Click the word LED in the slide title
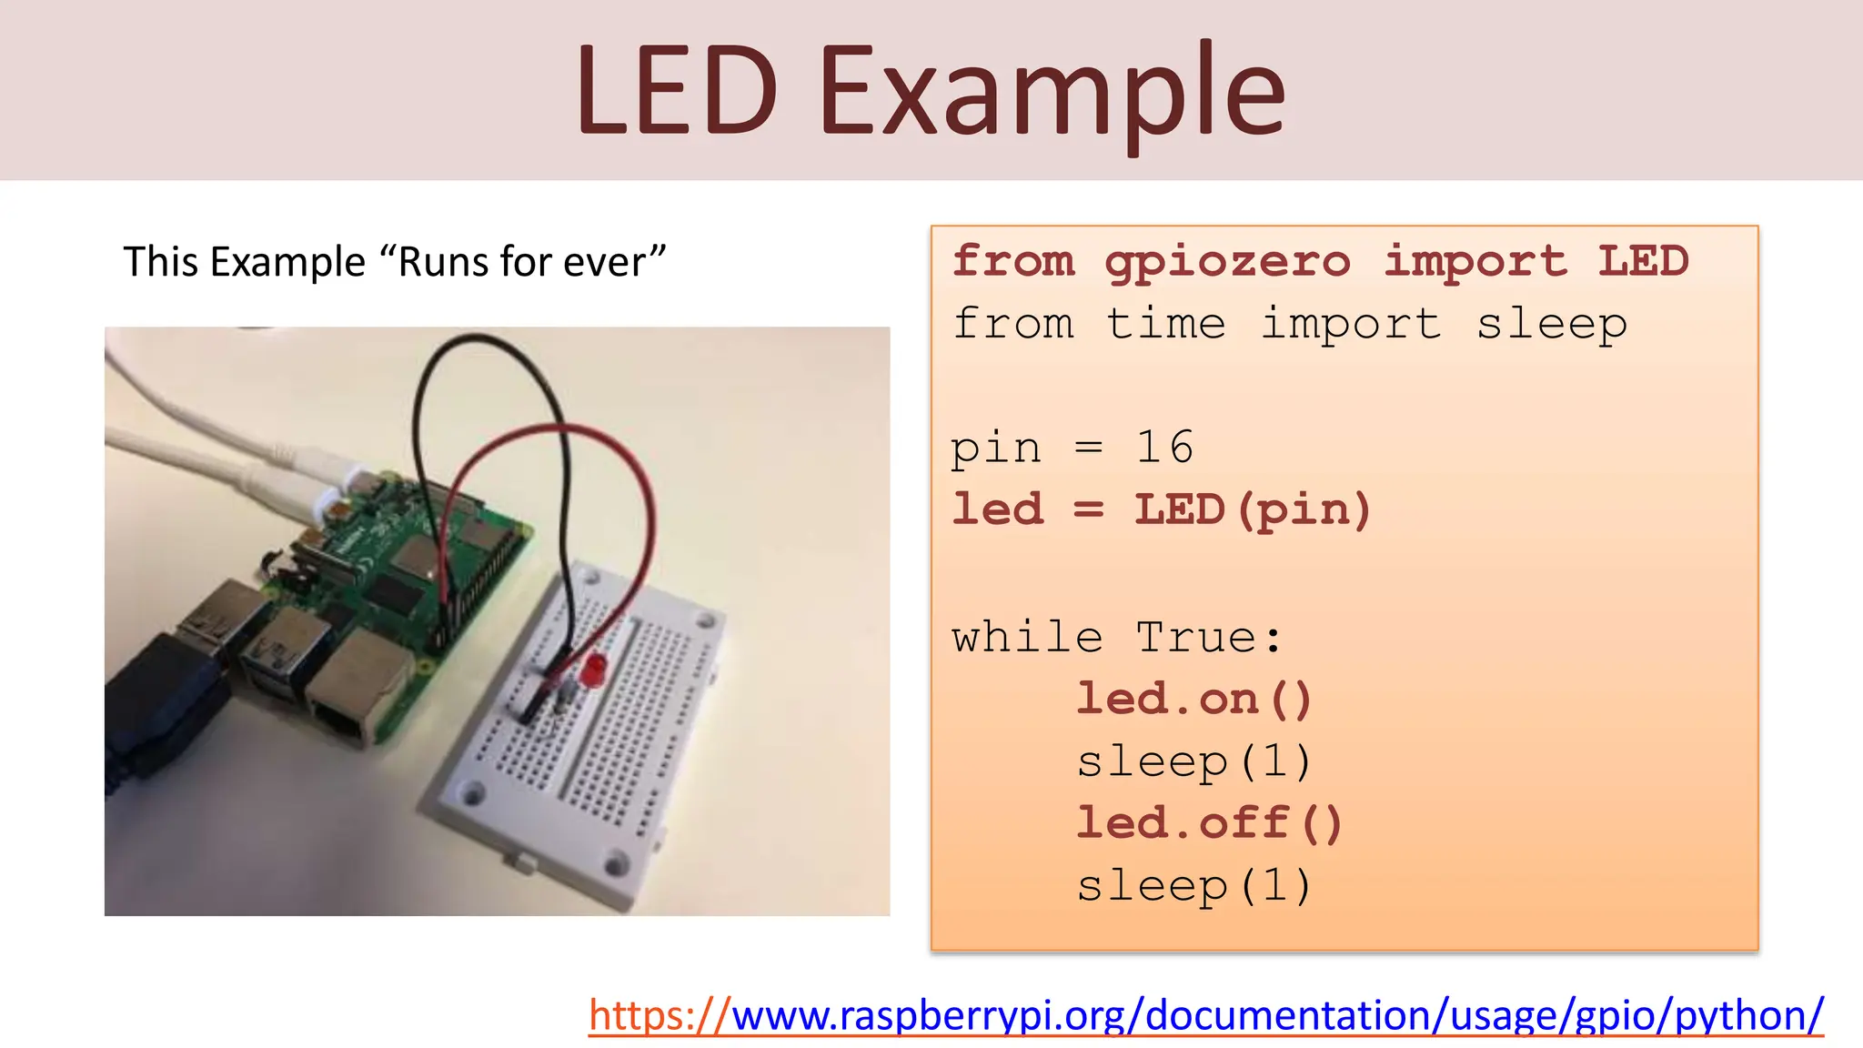tap(676, 91)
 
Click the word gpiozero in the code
tap(1227, 263)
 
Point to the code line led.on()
tap(1193, 700)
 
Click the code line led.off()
tap(1209, 823)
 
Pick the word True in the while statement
tap(1196, 637)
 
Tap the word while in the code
tap(1027, 637)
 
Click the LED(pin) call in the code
tap(1252, 509)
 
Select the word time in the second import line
tap(1165, 324)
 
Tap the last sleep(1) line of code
tap(1193, 886)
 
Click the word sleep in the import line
tap(1551, 324)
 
